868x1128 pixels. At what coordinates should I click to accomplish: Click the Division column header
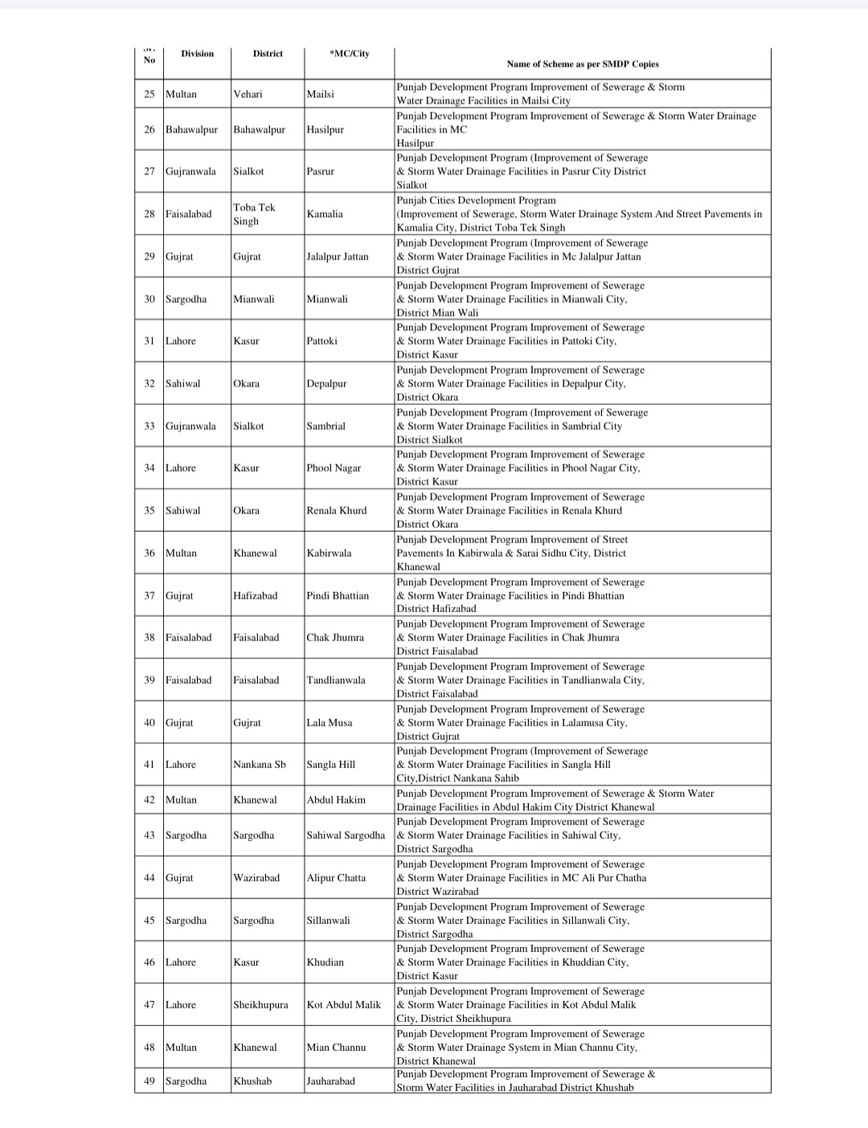click(x=197, y=54)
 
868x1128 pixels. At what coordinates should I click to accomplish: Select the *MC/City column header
click(x=350, y=54)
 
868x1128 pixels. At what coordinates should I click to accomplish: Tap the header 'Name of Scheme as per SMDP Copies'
click(x=582, y=63)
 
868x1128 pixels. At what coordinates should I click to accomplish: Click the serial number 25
click(x=149, y=94)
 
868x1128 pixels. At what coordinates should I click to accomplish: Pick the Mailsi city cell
click(x=321, y=94)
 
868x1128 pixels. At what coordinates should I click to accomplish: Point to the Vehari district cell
click(x=248, y=94)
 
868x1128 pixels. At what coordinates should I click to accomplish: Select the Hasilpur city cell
click(x=325, y=129)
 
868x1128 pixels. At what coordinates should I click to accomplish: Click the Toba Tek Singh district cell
click(x=254, y=214)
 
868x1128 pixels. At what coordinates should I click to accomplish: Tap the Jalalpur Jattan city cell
click(x=338, y=256)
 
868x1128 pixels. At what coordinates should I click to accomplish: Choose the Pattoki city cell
click(x=321, y=341)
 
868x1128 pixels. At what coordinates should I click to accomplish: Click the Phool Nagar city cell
click(x=334, y=468)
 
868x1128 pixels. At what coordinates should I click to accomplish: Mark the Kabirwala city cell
click(x=329, y=553)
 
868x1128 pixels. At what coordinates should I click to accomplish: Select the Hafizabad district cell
click(x=255, y=595)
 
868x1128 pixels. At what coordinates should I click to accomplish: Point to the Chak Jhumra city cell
click(x=335, y=637)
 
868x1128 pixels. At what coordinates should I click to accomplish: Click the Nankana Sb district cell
click(x=259, y=764)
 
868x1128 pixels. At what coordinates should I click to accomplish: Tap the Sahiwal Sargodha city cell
click(x=346, y=835)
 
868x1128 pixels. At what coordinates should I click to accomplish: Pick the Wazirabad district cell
click(x=256, y=877)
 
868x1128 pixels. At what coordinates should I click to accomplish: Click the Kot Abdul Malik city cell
click(x=344, y=1004)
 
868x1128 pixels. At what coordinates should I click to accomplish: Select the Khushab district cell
click(x=252, y=1081)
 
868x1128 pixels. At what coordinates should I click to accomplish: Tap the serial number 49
click(x=149, y=1081)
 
